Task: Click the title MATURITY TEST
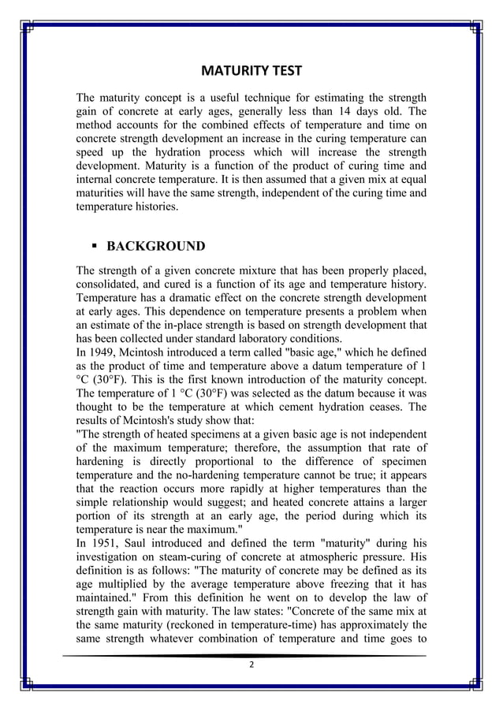click(x=251, y=72)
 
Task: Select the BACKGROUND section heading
click(x=155, y=246)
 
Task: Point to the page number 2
click(x=251, y=665)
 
